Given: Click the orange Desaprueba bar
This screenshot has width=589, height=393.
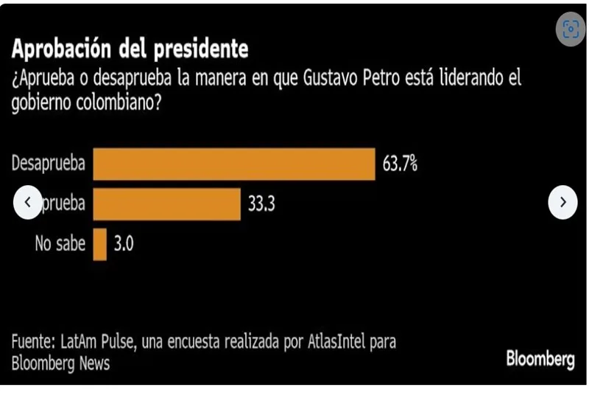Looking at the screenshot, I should (234, 164).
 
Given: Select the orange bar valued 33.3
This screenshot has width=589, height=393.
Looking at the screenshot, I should (166, 204).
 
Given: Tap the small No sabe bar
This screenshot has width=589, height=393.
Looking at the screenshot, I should (99, 243).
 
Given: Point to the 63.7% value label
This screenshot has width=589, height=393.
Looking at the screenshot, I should (400, 164).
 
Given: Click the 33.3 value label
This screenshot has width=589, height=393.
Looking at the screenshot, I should (261, 204).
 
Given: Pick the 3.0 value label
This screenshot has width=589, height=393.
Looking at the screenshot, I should (124, 244).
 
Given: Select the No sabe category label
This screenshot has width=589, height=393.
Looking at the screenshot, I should (60, 244).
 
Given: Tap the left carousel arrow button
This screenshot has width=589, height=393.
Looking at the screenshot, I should (28, 203).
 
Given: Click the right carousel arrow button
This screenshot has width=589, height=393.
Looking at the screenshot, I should (562, 203).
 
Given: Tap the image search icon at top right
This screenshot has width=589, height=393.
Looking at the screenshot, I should (571, 29).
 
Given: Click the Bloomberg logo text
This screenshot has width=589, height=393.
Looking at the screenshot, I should (540, 359).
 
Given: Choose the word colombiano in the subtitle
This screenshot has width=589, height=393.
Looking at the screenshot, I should (120, 103).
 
